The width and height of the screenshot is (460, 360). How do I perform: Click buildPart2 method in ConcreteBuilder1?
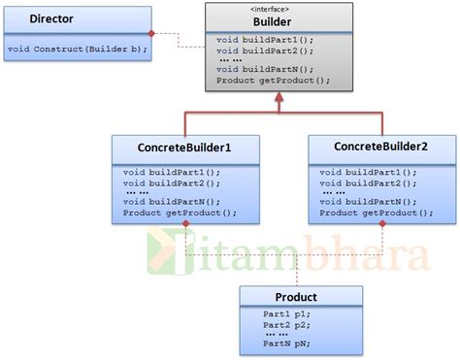172,182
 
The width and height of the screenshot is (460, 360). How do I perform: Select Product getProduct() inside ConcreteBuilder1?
180,213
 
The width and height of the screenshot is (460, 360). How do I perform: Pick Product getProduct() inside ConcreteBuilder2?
376,213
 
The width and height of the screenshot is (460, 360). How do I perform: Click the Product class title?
298,297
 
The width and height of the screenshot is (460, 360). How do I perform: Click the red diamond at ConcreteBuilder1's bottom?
184,225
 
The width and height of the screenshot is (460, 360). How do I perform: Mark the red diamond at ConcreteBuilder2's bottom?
381,225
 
